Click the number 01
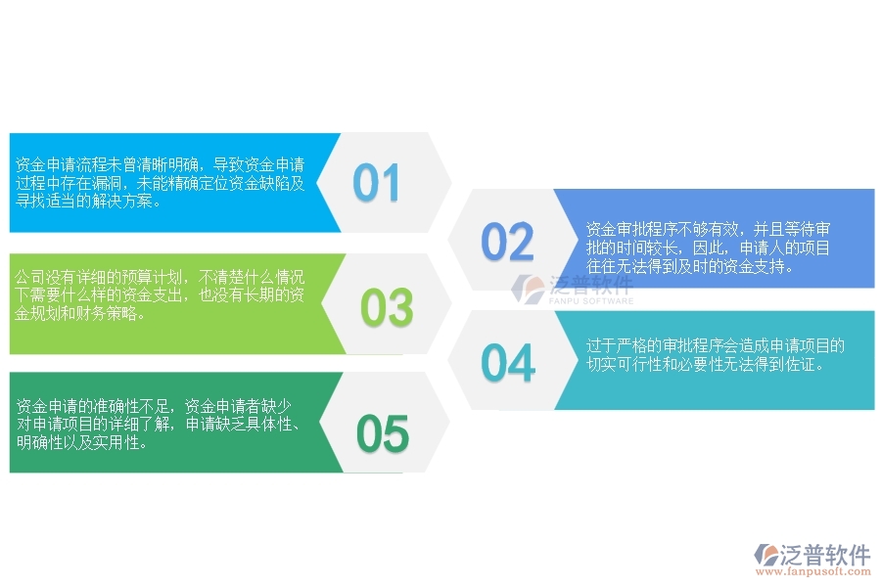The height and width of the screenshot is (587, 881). tap(377, 183)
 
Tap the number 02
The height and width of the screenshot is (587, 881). tap(507, 242)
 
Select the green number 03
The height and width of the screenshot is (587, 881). tap(387, 308)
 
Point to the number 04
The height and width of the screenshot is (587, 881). tap(508, 363)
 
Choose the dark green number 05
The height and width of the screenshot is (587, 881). tap(382, 433)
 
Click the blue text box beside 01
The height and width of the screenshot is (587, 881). tap(166, 183)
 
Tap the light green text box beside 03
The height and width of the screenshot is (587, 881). tap(166, 303)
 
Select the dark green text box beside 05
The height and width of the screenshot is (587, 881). tap(166, 423)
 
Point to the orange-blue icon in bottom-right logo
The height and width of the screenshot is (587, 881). tap(765, 556)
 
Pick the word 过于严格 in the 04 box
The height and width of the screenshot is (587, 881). tap(615, 346)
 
